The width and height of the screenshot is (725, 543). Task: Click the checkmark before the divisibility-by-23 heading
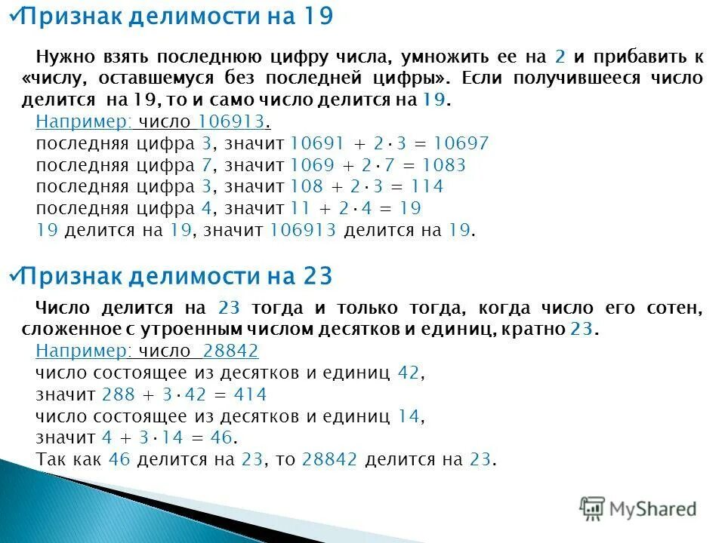[x=12, y=276]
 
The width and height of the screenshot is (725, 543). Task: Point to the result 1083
[x=445, y=165]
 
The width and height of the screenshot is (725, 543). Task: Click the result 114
[x=427, y=186]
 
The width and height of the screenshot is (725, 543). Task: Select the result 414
[x=250, y=394]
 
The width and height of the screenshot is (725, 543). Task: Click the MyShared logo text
[x=653, y=509]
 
